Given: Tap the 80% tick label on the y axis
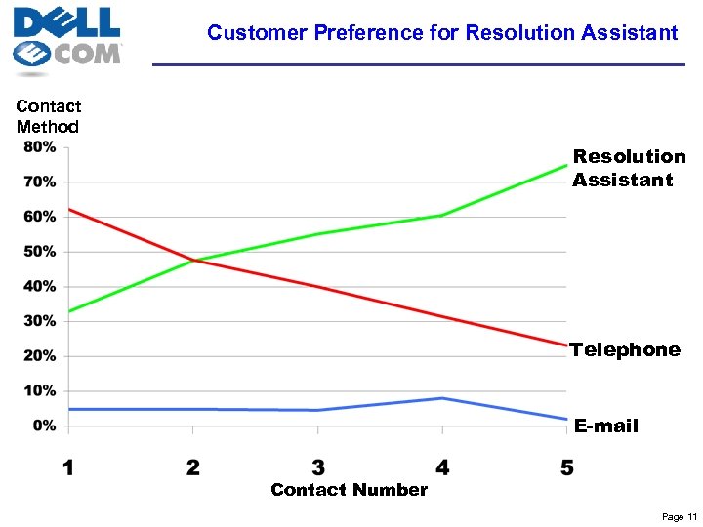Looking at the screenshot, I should tap(40, 147).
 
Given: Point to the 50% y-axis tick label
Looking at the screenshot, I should tap(40, 252).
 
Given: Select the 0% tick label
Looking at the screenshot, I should tap(44, 426).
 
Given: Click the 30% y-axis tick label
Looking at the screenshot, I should tap(40, 321).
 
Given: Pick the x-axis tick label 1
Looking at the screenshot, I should tap(68, 467).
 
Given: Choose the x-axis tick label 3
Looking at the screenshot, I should tap(318, 467).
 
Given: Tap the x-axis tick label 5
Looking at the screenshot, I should tap(567, 467).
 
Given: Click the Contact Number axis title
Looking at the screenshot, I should tap(349, 490).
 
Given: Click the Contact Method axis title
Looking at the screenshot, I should tap(49, 116).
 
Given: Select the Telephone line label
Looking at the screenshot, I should tap(625, 349).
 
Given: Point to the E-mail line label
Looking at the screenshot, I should tap(605, 426).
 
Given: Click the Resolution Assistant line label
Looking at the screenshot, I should tap(629, 168).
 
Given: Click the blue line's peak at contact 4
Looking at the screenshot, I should tap(443, 398).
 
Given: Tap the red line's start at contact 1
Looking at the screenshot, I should tap(69, 210).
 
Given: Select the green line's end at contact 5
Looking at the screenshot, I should tap(566, 166).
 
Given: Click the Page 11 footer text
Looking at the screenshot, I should tap(679, 516).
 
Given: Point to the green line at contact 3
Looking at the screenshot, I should tap(318, 234).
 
